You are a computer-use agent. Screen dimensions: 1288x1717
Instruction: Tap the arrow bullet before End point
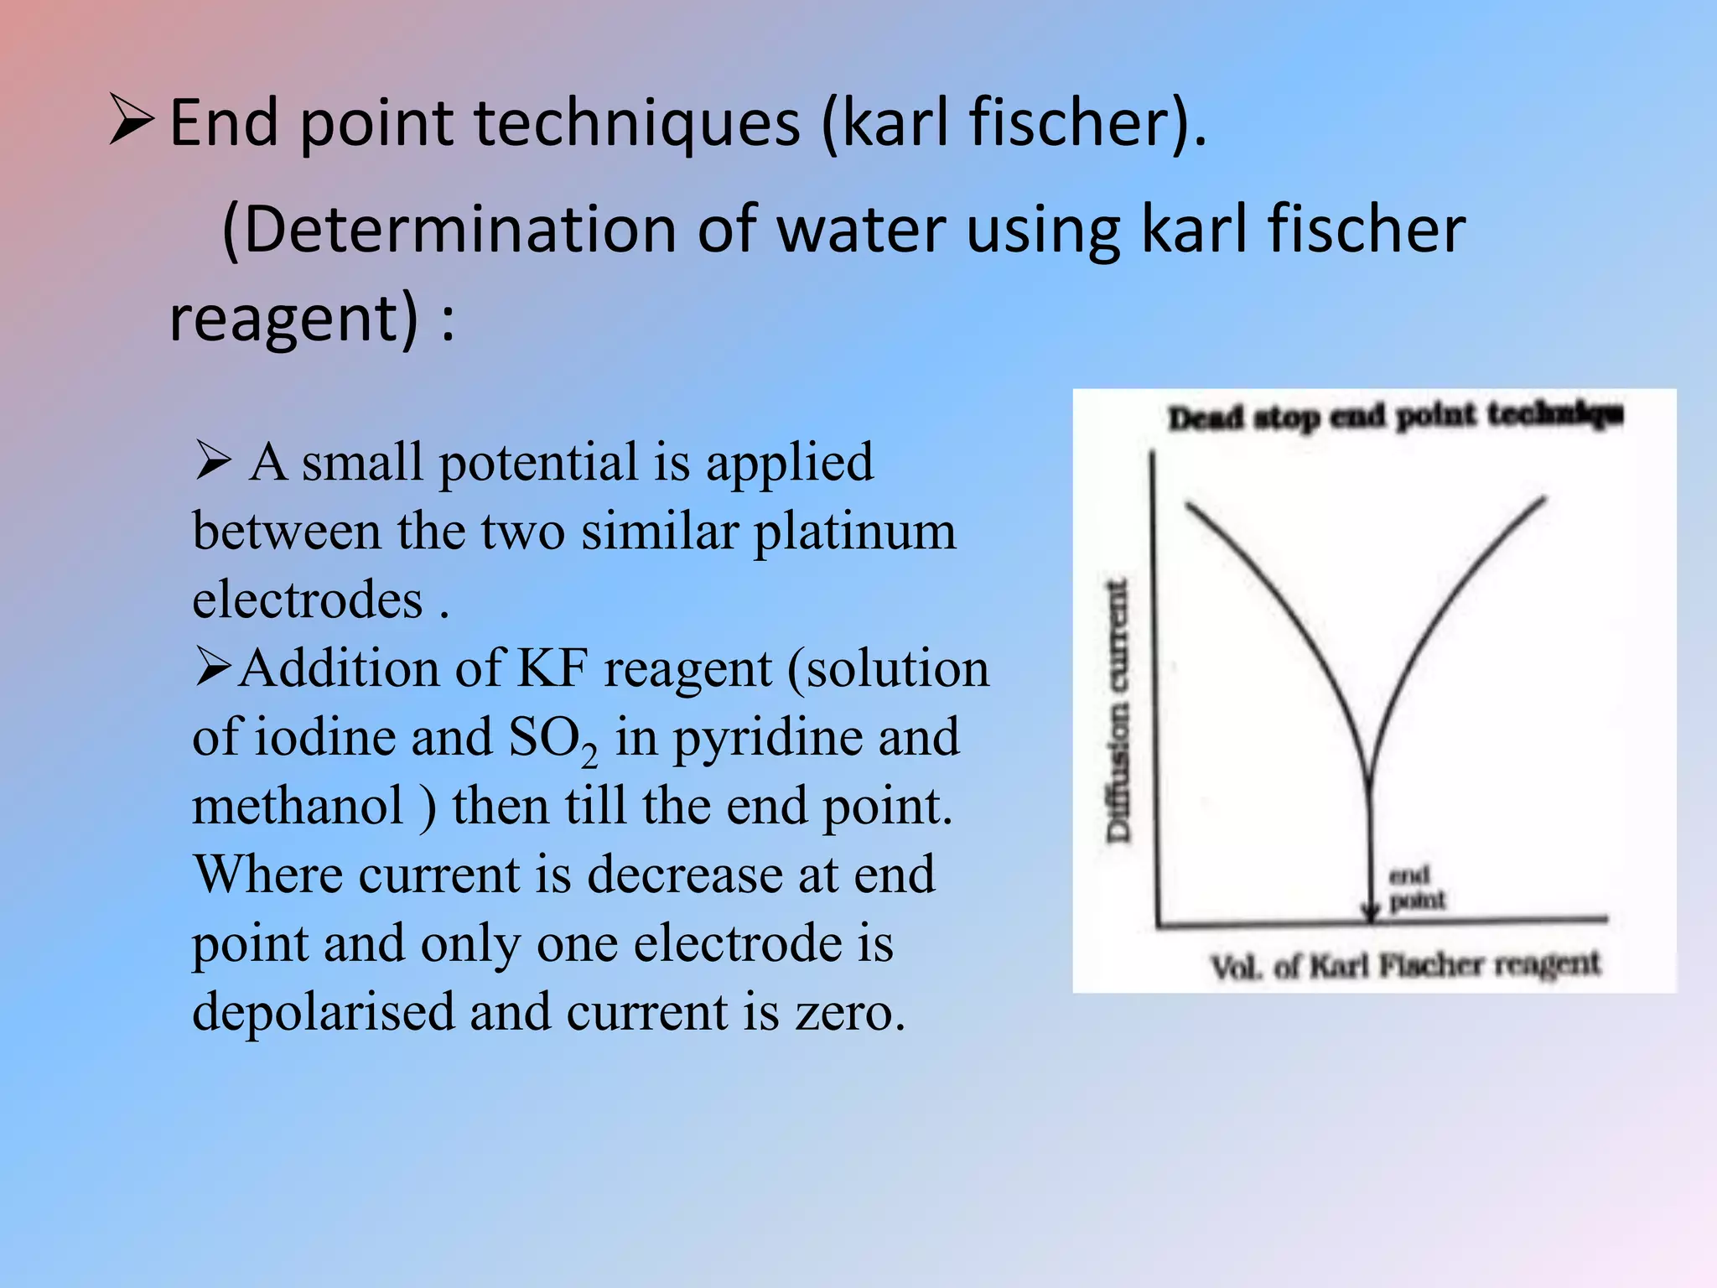pyautogui.click(x=132, y=121)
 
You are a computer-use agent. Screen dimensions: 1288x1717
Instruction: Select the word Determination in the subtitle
pyautogui.click(x=459, y=230)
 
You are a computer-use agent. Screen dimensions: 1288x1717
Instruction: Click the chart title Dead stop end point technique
pyautogui.click(x=1395, y=416)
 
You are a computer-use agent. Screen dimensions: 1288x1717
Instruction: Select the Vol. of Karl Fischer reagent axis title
pyautogui.click(x=1405, y=966)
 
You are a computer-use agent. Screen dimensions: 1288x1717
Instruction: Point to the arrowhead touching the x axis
pyautogui.click(x=1371, y=913)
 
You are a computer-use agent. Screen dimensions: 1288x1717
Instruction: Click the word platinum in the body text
pyautogui.click(x=854, y=532)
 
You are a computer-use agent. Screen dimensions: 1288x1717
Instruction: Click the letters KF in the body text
pyautogui.click(x=552, y=669)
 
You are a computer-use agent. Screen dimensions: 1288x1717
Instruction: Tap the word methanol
pyautogui.click(x=298, y=807)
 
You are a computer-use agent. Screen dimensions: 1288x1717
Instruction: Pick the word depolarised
pyautogui.click(x=322, y=1013)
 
